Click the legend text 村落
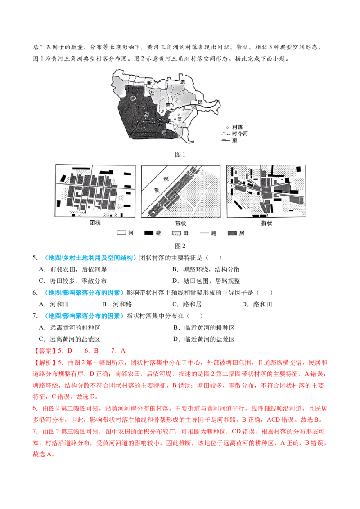(238, 128)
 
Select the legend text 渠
(234, 140)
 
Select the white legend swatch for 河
(121, 233)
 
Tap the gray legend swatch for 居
(233, 233)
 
